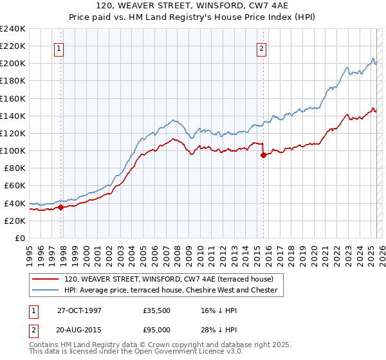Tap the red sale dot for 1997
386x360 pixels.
pos(61,207)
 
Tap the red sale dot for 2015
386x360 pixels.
pos(263,155)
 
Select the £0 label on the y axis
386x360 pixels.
pos(21,238)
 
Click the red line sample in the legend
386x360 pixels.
pos(44,279)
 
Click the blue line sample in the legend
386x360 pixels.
pos(44,291)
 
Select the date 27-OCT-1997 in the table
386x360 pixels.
pos(79,310)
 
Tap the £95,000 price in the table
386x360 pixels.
pos(157,328)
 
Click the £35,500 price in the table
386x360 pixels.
pos(157,310)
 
